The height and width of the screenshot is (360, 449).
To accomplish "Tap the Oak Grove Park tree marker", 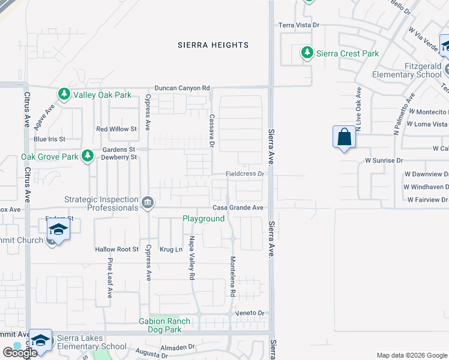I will [88, 156].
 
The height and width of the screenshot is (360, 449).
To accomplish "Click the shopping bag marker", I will [344, 137].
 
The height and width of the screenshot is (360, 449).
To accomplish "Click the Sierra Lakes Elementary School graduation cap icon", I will [40, 340].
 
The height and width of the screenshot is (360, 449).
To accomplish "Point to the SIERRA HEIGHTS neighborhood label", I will [213, 45].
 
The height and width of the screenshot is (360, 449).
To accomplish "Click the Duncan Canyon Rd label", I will [182, 88].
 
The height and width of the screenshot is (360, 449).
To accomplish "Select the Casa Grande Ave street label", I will [238, 208].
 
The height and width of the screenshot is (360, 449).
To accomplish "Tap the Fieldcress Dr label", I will [244, 174].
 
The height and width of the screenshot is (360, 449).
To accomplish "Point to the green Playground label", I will [203, 219].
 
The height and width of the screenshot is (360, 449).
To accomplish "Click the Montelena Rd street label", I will [232, 277].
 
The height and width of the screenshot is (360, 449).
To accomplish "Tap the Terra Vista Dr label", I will [298, 25].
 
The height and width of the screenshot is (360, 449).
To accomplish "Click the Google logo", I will [20, 353].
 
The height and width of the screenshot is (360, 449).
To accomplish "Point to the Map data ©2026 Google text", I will [412, 355].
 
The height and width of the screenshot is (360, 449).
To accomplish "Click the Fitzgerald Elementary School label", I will [406, 70].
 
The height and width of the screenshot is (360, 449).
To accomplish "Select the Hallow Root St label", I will [116, 249].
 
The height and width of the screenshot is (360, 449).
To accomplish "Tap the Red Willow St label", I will [116, 129].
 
